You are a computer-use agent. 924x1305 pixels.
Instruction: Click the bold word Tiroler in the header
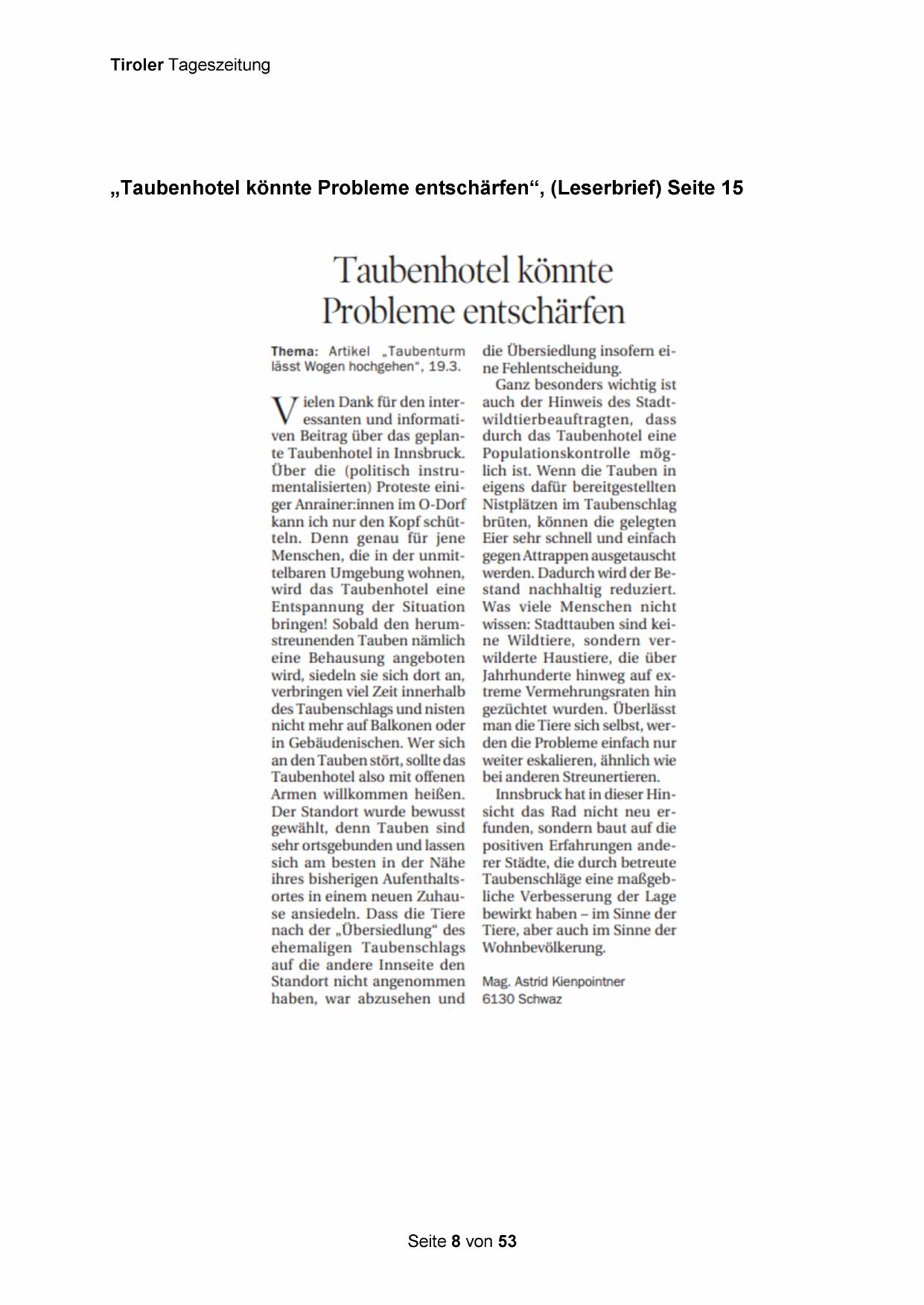pos(137,65)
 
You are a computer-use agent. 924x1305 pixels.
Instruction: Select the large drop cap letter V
pos(284,411)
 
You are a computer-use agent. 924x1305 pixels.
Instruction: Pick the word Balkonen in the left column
pos(399,726)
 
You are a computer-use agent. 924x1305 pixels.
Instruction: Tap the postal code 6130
pos(499,999)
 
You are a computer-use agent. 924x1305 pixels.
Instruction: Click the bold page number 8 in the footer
pos(456,1241)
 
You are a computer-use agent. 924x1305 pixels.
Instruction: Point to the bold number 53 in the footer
pos(507,1241)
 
